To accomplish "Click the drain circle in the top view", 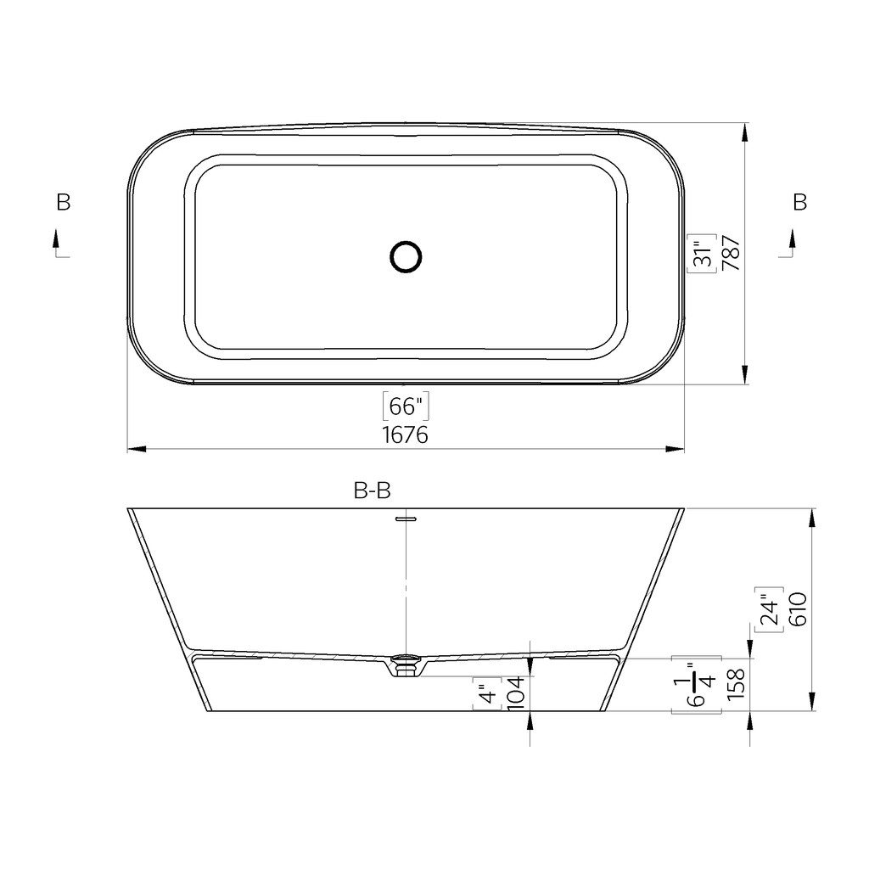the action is pyautogui.click(x=406, y=256).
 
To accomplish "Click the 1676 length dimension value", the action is pyautogui.click(x=406, y=435).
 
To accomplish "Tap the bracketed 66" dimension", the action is pyautogui.click(x=406, y=406).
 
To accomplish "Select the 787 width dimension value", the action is pyautogui.click(x=732, y=253).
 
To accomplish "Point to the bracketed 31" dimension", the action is pyautogui.click(x=703, y=253).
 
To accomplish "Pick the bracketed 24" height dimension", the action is pyautogui.click(x=769, y=609).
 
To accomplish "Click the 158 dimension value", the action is pyautogui.click(x=736, y=684).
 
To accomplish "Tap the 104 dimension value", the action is pyautogui.click(x=516, y=692).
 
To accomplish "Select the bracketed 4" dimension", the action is pyautogui.click(x=487, y=692).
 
